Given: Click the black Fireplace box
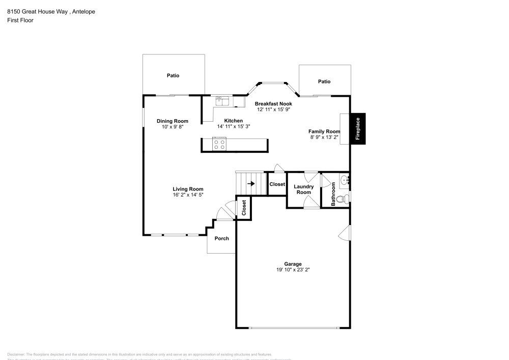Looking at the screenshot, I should coord(357,128).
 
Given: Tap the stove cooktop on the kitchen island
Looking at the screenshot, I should coord(219,145).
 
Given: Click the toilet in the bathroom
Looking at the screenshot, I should coord(344,199).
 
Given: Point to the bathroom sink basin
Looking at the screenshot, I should coord(344,179).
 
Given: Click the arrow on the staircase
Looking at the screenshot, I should coord(251,184).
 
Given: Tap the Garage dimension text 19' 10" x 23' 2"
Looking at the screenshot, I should coord(290,270).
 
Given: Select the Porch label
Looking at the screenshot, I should coord(221,238).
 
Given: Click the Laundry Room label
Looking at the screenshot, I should coord(303,189).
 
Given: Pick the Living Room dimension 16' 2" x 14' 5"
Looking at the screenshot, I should coord(188,195).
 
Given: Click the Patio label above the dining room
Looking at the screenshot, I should coord(173,75).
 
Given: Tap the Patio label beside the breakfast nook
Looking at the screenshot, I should coord(324,81).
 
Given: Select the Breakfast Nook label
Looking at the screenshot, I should coord(273,103).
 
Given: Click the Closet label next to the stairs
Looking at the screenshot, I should coord(277,184).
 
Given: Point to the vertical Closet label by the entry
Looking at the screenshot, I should coord(244,208).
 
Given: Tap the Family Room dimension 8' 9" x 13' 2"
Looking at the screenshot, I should coord(324,137).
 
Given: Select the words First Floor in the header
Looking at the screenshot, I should coord(20,20).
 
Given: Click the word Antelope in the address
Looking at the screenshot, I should coord(82,11).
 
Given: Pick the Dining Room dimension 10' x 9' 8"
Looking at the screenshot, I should coord(173,127).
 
